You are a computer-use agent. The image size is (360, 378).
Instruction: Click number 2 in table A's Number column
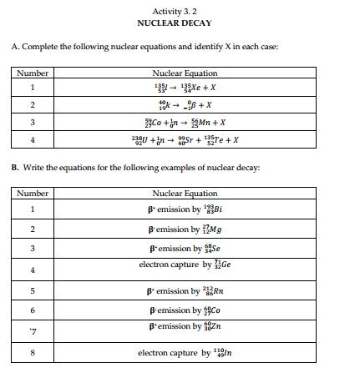(x=33, y=105)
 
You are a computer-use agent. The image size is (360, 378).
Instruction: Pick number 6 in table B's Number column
(x=33, y=310)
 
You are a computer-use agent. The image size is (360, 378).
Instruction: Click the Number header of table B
(x=33, y=193)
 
